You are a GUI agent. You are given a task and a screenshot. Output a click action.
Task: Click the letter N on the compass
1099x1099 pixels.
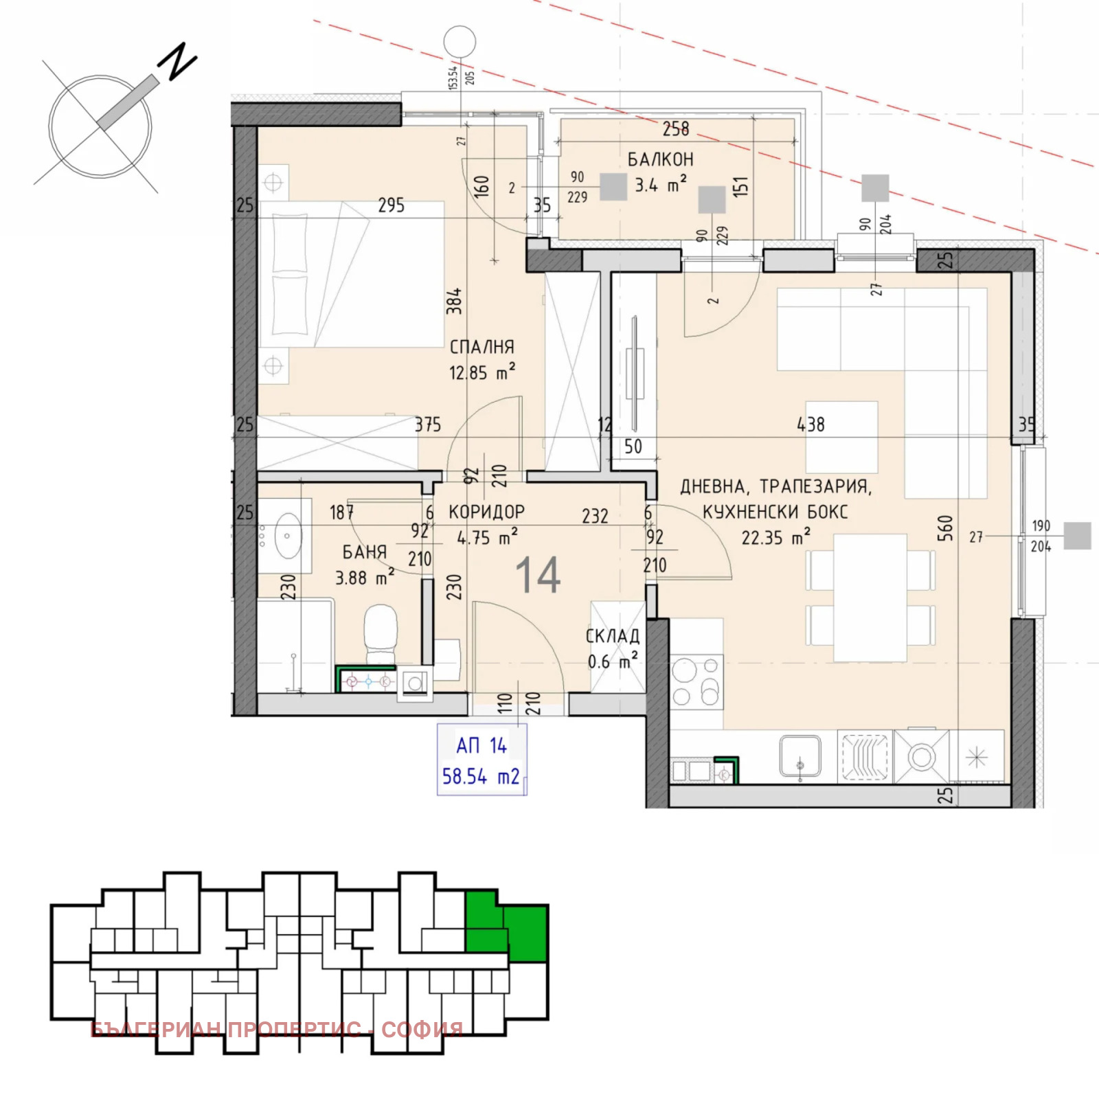[x=177, y=60]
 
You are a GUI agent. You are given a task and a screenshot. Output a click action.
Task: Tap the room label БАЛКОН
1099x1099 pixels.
[x=660, y=159]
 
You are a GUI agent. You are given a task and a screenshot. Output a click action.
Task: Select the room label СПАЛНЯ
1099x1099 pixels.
[x=481, y=347]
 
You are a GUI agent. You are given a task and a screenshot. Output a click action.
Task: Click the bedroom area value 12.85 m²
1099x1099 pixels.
[x=481, y=372]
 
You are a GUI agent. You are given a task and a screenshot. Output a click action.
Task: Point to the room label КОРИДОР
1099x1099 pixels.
[x=486, y=512]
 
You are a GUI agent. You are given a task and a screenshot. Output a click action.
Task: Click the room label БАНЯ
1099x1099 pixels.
[x=365, y=552]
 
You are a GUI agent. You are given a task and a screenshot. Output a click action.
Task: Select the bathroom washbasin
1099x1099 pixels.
[x=288, y=536]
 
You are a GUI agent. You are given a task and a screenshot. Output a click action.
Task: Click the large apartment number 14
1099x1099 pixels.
[x=538, y=575]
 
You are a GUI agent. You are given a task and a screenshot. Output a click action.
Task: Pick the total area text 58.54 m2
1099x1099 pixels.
[x=481, y=777]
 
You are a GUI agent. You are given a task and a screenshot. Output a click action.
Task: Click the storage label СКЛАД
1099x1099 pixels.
[x=612, y=636]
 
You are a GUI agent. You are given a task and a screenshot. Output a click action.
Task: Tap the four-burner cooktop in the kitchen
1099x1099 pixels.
[x=696, y=682]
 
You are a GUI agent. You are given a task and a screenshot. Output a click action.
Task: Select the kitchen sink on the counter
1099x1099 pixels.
[x=800, y=757]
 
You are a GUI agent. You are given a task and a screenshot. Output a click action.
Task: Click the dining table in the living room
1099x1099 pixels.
[x=870, y=598]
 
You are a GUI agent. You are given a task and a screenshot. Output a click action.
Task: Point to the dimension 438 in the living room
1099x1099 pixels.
[x=811, y=424]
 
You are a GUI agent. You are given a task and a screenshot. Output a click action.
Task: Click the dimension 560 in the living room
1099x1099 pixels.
[x=945, y=528]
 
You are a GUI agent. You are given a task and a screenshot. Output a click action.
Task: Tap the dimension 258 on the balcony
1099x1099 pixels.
[x=676, y=128]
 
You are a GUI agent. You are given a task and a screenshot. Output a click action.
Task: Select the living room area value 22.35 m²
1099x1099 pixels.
[x=775, y=536]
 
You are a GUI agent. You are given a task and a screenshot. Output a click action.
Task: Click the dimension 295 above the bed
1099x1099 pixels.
[x=391, y=205]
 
